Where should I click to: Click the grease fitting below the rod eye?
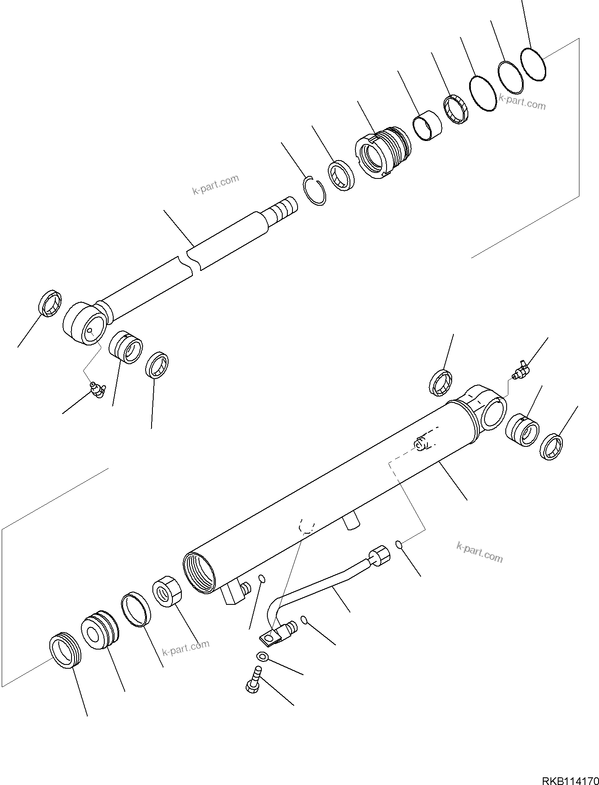click(x=98, y=389)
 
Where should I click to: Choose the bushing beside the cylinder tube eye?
click(x=522, y=430)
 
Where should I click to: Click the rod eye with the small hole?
click(x=85, y=324)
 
